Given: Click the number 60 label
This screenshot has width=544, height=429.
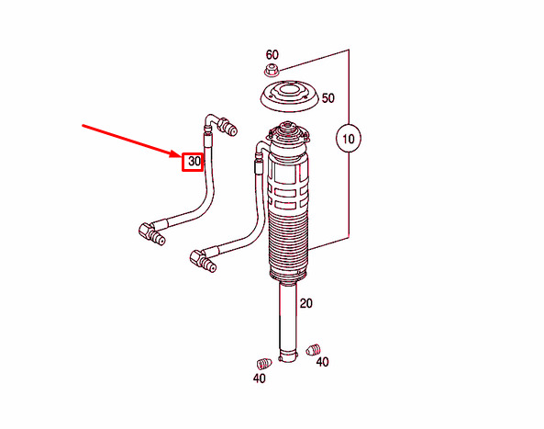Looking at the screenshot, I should click(x=272, y=55).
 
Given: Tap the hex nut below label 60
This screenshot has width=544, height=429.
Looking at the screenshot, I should click(x=272, y=72).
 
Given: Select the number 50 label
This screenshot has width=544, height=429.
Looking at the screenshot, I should click(x=328, y=97).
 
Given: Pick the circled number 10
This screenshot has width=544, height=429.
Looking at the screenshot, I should click(x=349, y=141).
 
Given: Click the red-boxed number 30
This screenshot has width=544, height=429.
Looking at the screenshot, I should click(x=193, y=162).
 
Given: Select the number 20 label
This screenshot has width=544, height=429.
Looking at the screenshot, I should click(x=306, y=304).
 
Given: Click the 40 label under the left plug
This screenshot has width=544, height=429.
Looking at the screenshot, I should click(x=260, y=378).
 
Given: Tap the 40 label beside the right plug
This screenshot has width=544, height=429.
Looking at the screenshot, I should click(x=322, y=362).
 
